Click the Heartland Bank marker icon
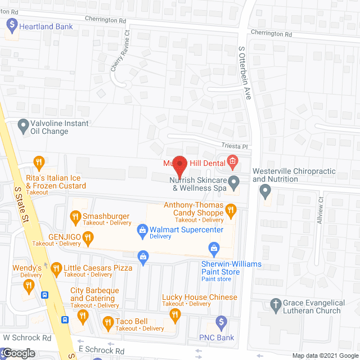(11, 25)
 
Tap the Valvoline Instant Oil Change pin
(23, 125)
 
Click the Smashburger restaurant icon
(75, 215)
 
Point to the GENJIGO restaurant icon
(87, 239)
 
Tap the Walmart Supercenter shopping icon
(143, 229)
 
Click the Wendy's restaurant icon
(28, 286)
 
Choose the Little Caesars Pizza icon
(56, 268)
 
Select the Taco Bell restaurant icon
(108, 322)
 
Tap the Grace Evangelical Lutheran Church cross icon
(276, 305)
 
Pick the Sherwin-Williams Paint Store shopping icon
(214, 247)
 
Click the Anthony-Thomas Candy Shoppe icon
(230, 211)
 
